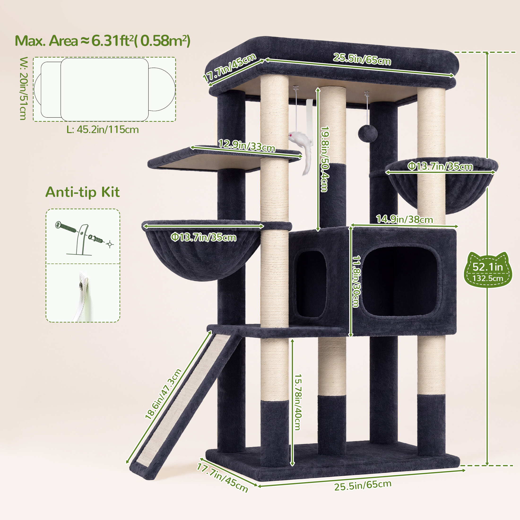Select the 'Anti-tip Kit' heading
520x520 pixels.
[83, 192]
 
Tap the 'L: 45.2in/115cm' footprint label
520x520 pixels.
[103, 130]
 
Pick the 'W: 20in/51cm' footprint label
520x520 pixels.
[24, 88]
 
